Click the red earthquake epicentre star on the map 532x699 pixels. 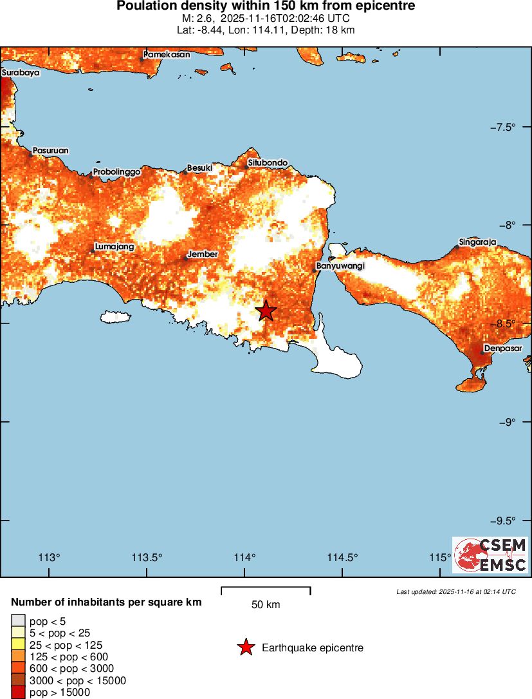(266, 311)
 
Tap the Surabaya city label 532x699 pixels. (21, 73)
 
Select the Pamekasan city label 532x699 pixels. (167, 55)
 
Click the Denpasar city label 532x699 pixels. (503, 349)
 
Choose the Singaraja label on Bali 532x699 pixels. (478, 242)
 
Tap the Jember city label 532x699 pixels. (203, 254)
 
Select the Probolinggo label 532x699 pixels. (117, 172)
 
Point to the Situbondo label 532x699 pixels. (268, 163)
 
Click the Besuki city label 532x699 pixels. (199, 168)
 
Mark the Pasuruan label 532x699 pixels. (51, 151)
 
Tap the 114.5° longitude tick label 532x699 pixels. (342, 557)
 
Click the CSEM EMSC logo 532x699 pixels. (490, 555)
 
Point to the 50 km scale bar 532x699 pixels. (266, 590)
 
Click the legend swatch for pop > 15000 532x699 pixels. (18, 693)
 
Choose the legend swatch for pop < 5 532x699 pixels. (18, 620)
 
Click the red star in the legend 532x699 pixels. (246, 647)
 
